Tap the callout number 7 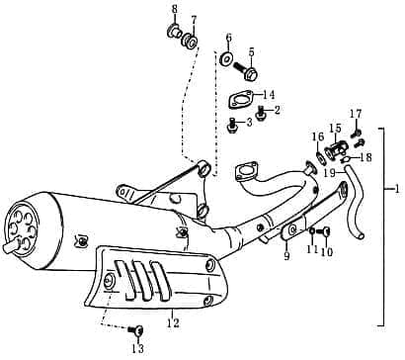[x=194, y=19]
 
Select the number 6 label [x=228, y=38]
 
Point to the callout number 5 [x=251, y=51]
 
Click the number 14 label [x=269, y=95]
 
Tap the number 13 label [x=137, y=349]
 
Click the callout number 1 [x=396, y=188]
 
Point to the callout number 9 [x=286, y=256]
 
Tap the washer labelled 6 [x=226, y=60]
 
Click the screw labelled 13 [x=137, y=329]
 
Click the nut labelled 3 [x=232, y=126]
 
